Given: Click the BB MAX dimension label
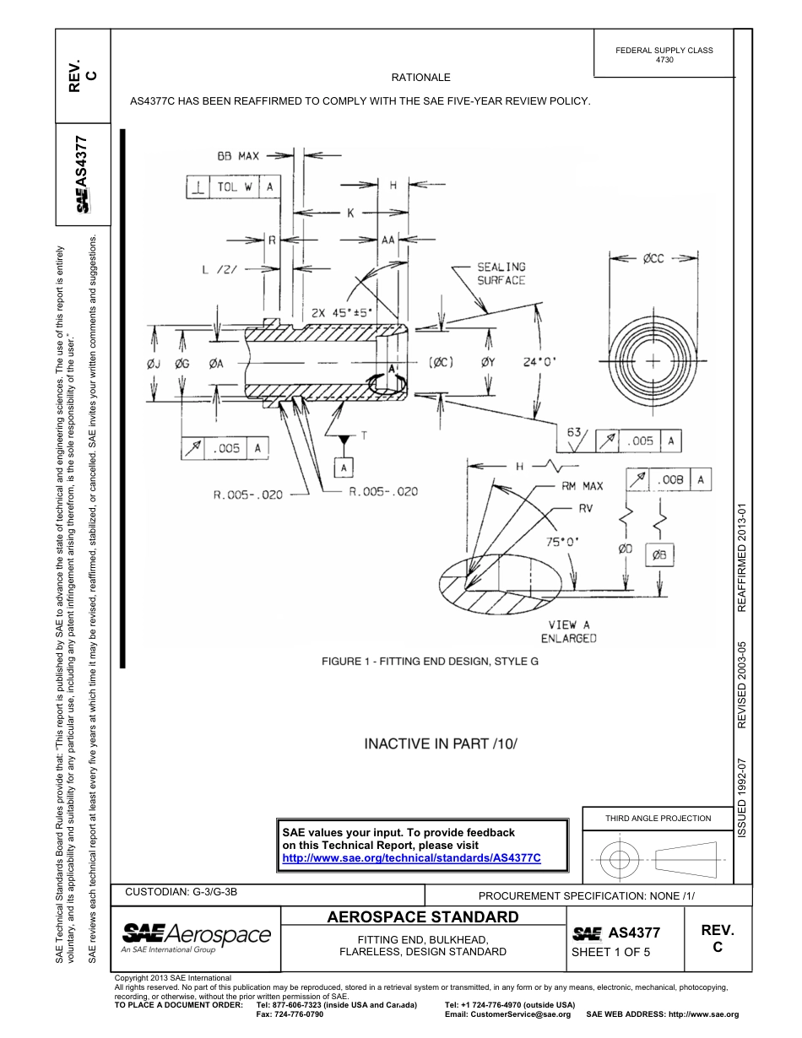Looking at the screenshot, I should (237, 156).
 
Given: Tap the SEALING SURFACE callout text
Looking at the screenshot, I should (501, 273).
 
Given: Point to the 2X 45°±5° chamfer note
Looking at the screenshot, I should (341, 311).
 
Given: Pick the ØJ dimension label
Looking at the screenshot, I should (154, 365).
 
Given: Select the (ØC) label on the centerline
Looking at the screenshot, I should (442, 364).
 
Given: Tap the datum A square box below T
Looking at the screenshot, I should (344, 468).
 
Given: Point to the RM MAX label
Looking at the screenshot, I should (583, 486).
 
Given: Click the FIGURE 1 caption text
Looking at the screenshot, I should (430, 661).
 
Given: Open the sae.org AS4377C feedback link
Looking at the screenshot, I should (411, 857).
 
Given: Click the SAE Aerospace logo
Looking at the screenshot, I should (197, 937).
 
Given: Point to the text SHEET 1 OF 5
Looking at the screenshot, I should (611, 953).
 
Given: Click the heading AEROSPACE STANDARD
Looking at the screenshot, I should (422, 916).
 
